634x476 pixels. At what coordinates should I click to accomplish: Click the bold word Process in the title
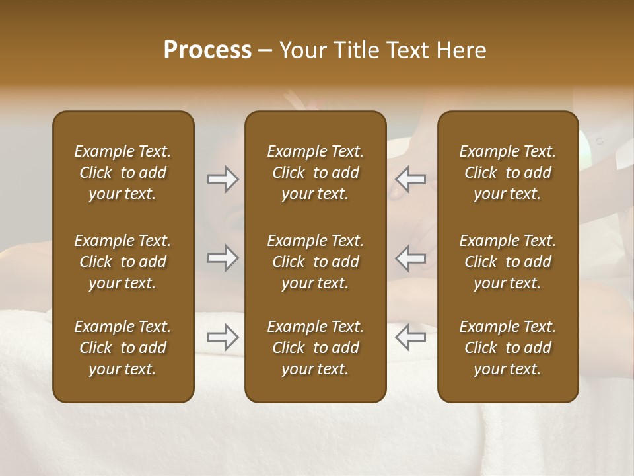(x=207, y=50)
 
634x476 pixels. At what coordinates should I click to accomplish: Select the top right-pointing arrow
(x=223, y=179)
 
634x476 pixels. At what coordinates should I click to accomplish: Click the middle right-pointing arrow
(x=223, y=258)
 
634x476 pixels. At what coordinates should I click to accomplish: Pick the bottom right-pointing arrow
(x=223, y=337)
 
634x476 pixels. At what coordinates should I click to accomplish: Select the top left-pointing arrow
(x=410, y=179)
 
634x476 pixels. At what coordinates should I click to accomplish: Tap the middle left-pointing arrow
(x=410, y=258)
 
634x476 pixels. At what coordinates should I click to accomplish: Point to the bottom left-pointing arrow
(x=410, y=337)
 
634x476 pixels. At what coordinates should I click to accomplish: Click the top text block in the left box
(x=123, y=173)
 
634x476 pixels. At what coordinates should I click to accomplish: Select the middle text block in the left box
(x=123, y=262)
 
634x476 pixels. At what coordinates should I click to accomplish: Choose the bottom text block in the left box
(x=123, y=348)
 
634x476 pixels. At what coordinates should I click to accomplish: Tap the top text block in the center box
(x=315, y=173)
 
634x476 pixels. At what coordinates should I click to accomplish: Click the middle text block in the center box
(x=315, y=262)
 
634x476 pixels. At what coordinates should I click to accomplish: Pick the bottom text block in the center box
(x=315, y=348)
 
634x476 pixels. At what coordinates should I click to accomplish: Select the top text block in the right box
(x=507, y=173)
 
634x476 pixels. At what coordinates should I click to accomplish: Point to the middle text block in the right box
(x=507, y=262)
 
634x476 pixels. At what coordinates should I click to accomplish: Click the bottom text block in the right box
(x=507, y=348)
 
